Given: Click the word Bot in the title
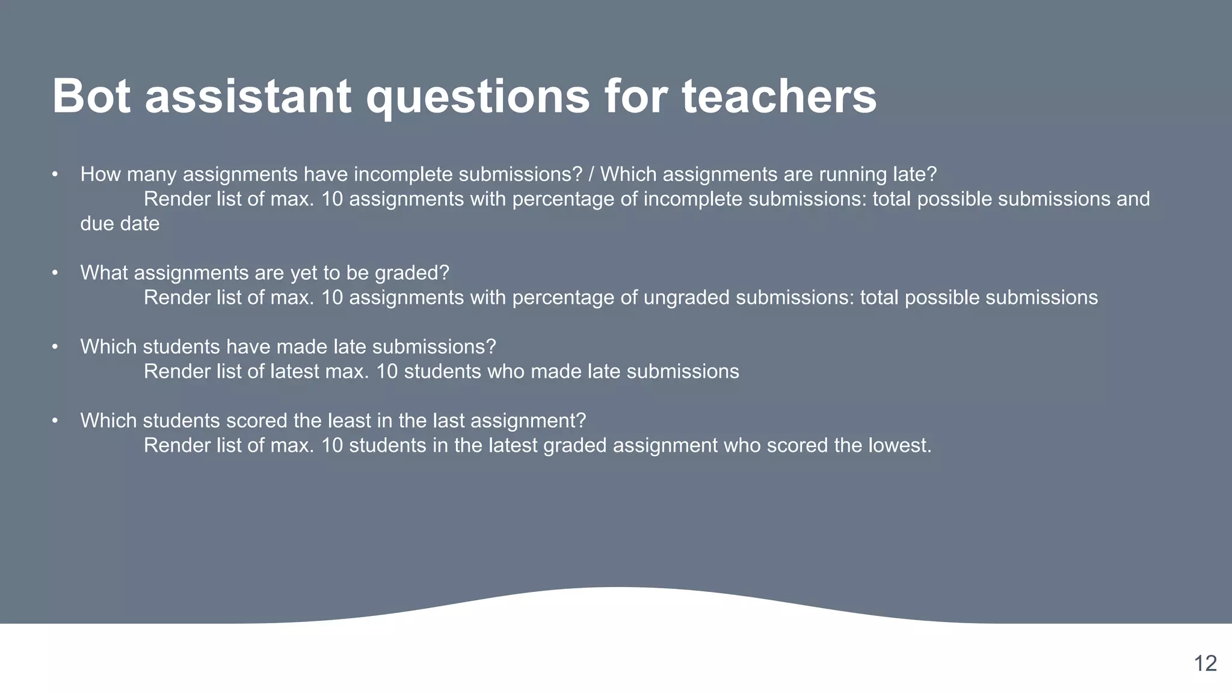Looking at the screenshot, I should (x=91, y=96).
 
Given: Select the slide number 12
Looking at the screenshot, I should (x=1205, y=664).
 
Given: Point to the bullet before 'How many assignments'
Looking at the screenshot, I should (x=55, y=174).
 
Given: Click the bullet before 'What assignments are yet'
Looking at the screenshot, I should (x=55, y=273).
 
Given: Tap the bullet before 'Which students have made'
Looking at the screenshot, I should (x=55, y=347).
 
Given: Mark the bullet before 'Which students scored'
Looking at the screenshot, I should (x=55, y=420).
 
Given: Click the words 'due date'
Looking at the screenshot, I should (x=120, y=224).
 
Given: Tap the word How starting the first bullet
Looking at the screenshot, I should (x=100, y=174).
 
